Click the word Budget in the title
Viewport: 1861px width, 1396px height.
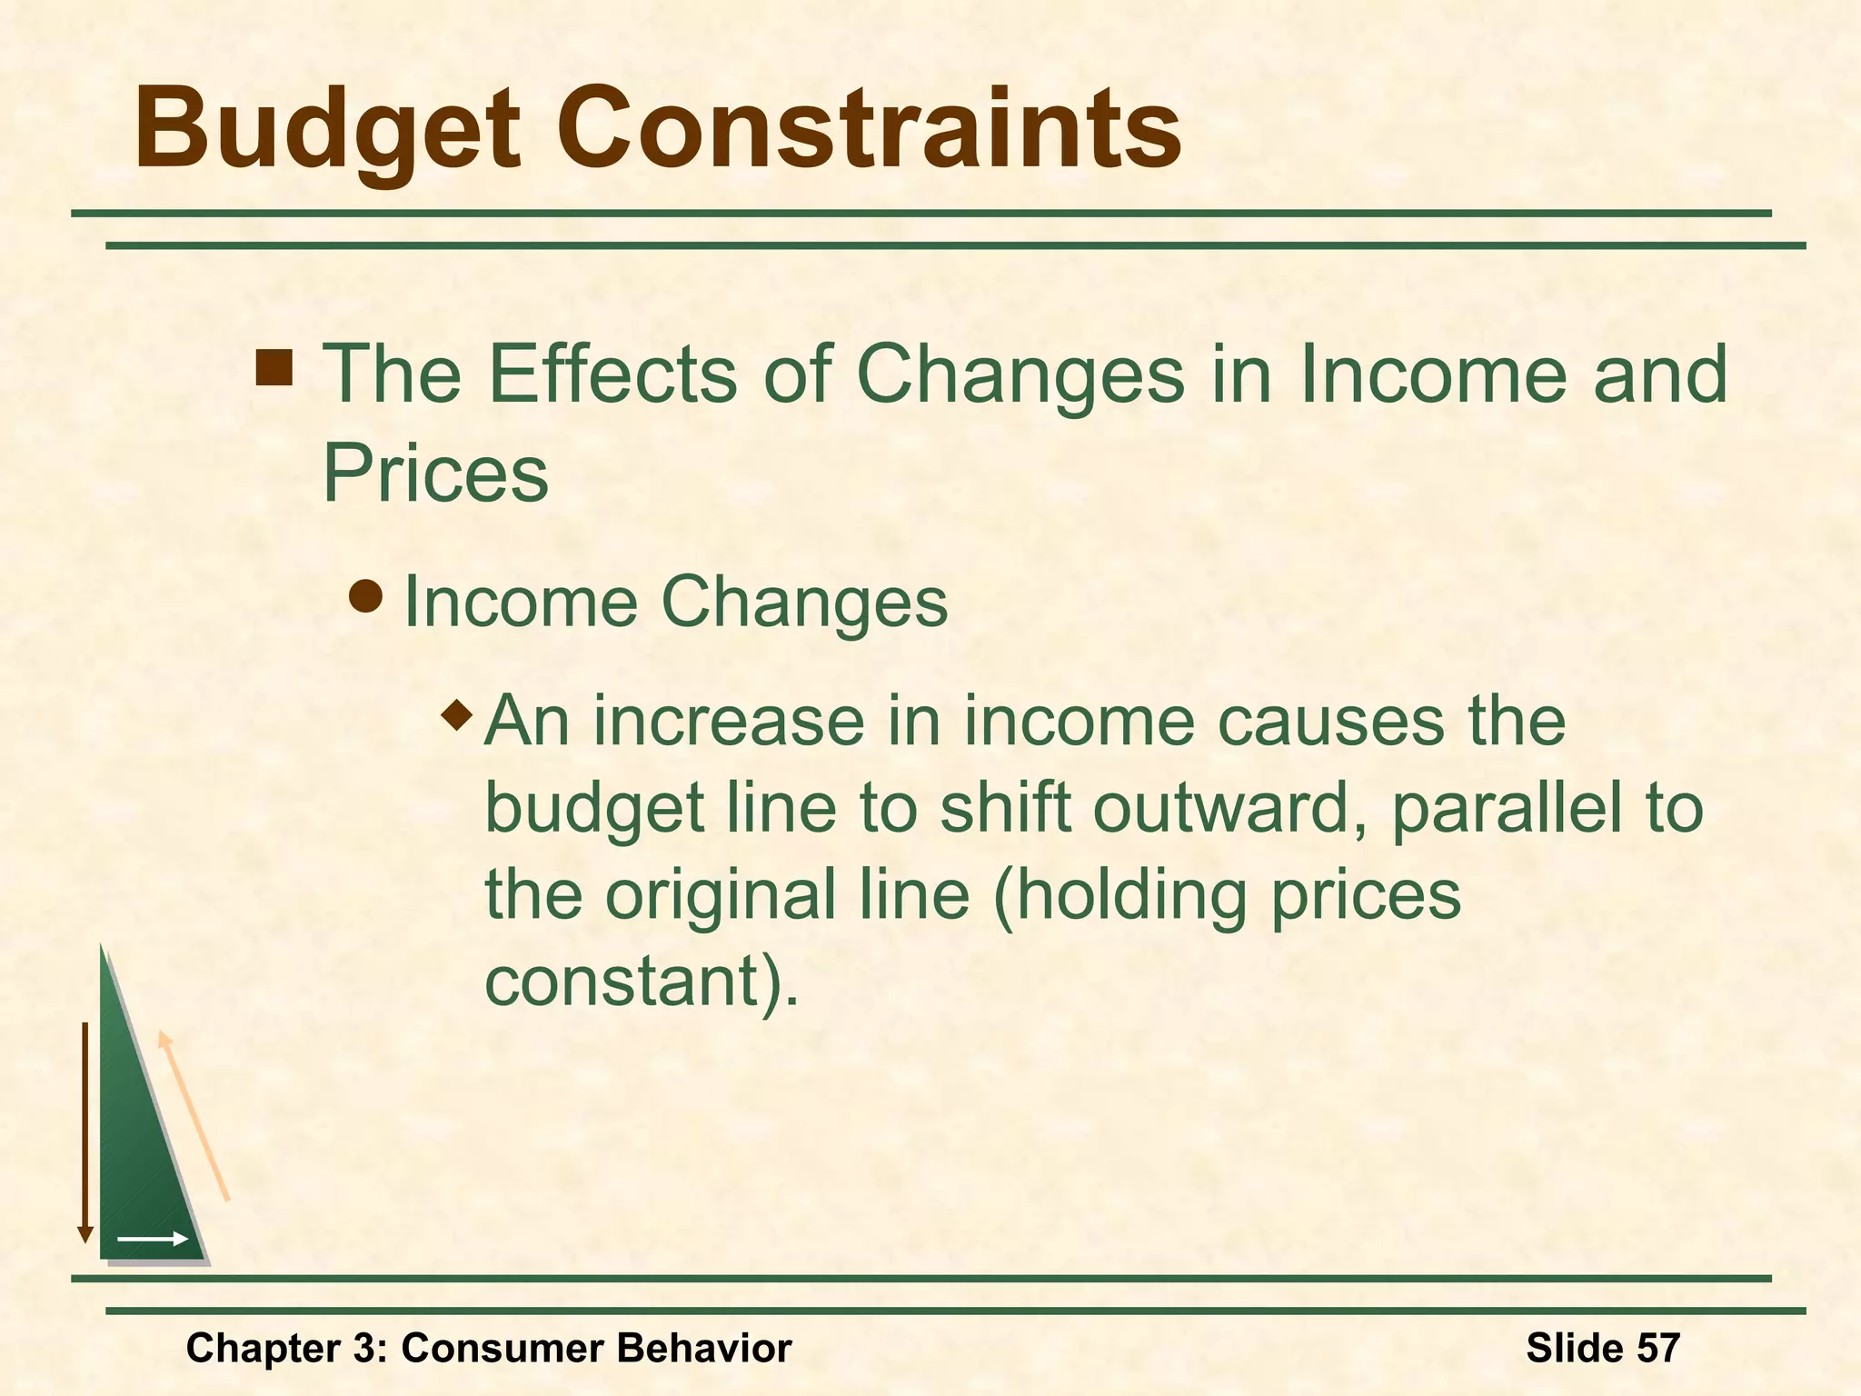point(327,129)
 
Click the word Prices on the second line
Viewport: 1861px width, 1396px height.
point(435,473)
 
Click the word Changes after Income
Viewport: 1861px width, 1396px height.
point(804,602)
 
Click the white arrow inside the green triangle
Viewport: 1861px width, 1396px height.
point(153,1239)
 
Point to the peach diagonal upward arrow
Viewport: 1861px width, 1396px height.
point(194,1116)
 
